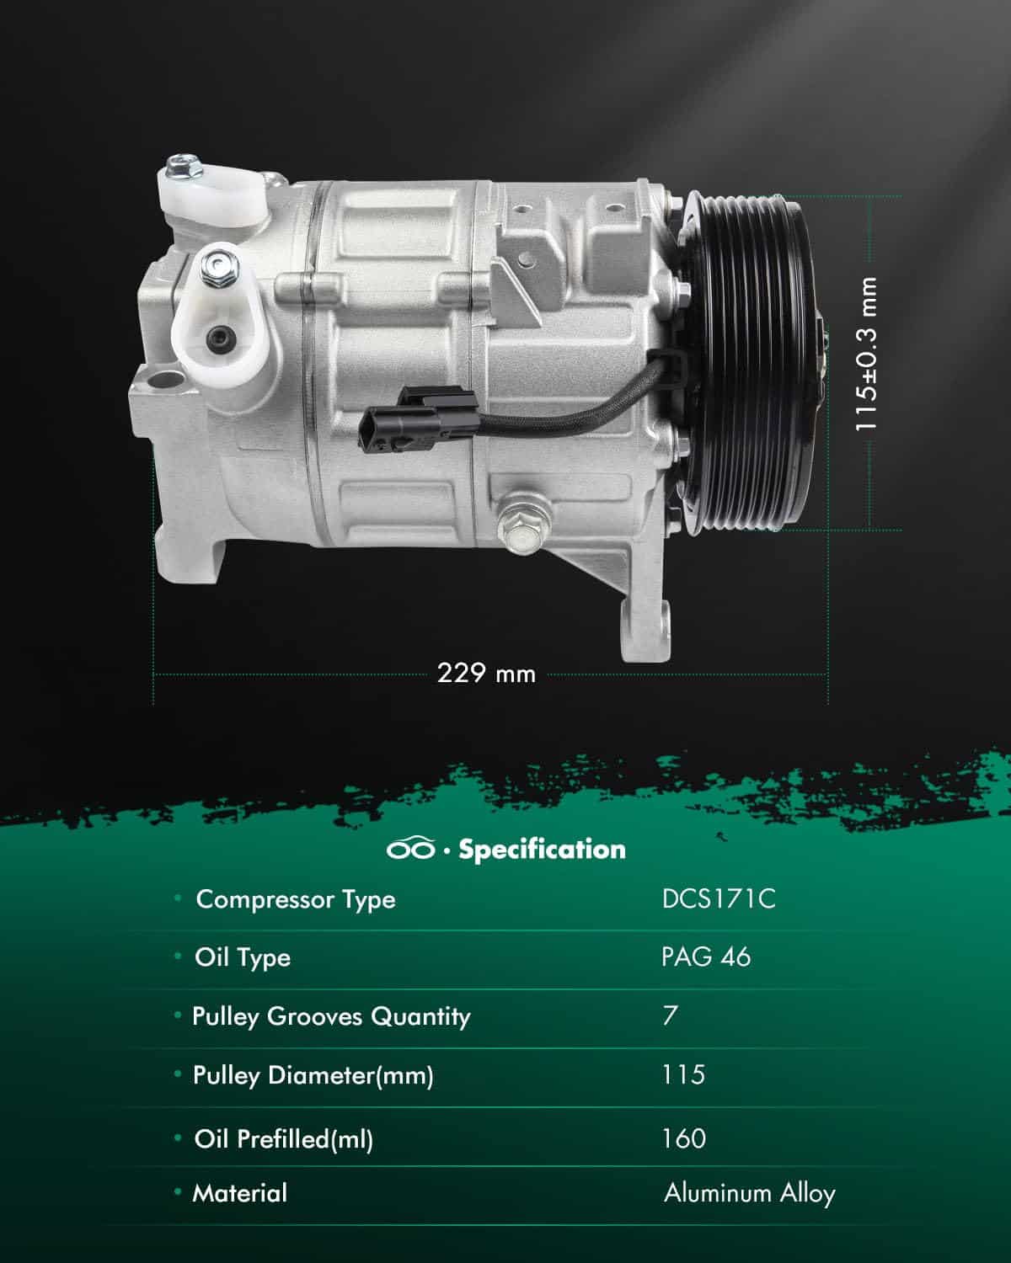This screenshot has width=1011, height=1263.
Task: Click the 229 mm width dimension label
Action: click(x=486, y=673)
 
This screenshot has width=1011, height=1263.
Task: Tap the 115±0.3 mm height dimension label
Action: click(x=866, y=354)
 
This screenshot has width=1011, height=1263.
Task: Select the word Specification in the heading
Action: click(x=542, y=850)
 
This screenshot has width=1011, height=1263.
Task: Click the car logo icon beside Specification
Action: click(x=410, y=849)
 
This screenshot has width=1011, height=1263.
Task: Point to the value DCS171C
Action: click(x=719, y=899)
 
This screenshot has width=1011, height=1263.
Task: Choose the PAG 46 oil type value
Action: click(x=705, y=957)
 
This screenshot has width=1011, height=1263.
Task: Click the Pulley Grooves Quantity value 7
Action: click(x=670, y=1015)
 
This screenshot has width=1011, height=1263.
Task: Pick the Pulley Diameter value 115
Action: click(x=682, y=1074)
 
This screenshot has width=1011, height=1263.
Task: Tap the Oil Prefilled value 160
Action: click(x=684, y=1138)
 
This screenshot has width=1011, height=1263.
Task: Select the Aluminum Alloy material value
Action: click(x=750, y=1193)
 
